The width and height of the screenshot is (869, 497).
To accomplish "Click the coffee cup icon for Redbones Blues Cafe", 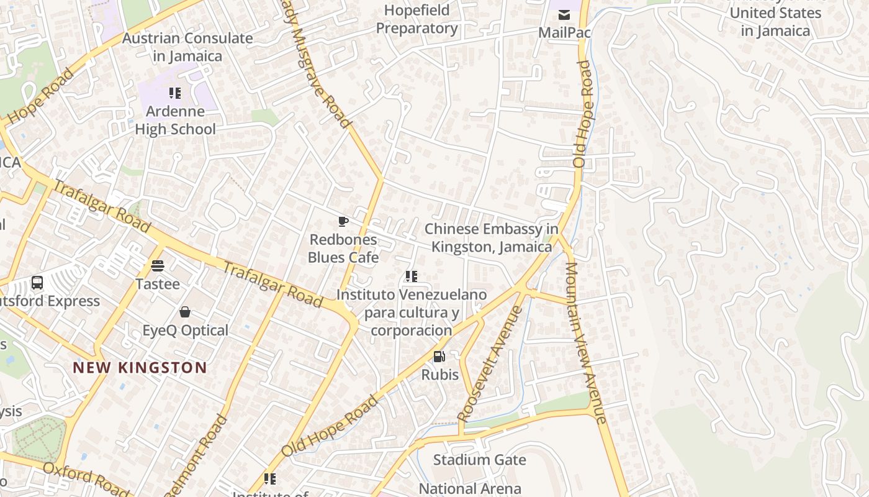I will point(343,222).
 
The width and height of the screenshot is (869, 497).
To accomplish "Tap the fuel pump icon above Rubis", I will point(439,357).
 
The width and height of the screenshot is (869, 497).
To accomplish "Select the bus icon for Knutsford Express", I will point(37,283).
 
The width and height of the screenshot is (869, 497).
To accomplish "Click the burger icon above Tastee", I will point(158,267).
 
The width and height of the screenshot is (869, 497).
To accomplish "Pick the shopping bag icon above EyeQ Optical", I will point(185,312).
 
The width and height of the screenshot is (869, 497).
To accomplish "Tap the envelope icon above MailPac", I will point(564,15).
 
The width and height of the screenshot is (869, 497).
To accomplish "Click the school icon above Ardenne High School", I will point(175,93).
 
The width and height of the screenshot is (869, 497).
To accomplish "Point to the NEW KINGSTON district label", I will point(140,367).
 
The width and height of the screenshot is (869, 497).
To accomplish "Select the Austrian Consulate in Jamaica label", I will point(187,47).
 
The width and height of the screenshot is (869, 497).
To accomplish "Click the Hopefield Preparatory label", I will point(417,19).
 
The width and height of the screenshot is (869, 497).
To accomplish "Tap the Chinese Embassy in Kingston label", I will point(492,238).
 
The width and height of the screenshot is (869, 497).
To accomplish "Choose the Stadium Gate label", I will point(479,460).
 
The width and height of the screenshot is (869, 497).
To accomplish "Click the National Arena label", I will point(470,488).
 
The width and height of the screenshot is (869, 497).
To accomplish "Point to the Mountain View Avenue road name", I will point(585,343).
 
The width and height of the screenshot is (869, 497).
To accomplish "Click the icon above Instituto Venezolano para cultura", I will point(411,276).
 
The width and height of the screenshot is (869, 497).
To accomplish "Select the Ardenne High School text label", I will point(176,121).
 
